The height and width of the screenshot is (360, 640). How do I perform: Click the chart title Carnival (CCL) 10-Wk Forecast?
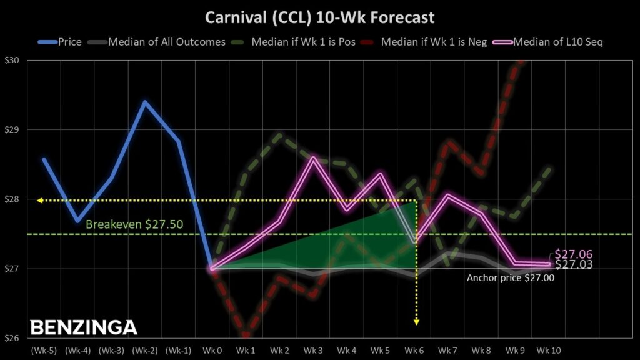point(320,17)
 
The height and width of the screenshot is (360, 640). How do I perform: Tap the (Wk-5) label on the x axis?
point(44,350)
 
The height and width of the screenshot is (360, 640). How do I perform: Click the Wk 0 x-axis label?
point(212,350)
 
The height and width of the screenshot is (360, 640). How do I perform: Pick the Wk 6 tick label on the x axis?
point(415,350)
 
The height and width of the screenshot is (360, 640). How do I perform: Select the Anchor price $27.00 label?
point(511,278)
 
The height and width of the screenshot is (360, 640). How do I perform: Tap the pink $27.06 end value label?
point(573,254)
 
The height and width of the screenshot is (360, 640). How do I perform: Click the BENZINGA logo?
point(84,327)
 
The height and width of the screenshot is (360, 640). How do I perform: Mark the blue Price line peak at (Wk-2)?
point(145,102)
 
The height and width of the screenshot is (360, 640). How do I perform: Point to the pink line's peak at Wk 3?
point(313,157)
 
